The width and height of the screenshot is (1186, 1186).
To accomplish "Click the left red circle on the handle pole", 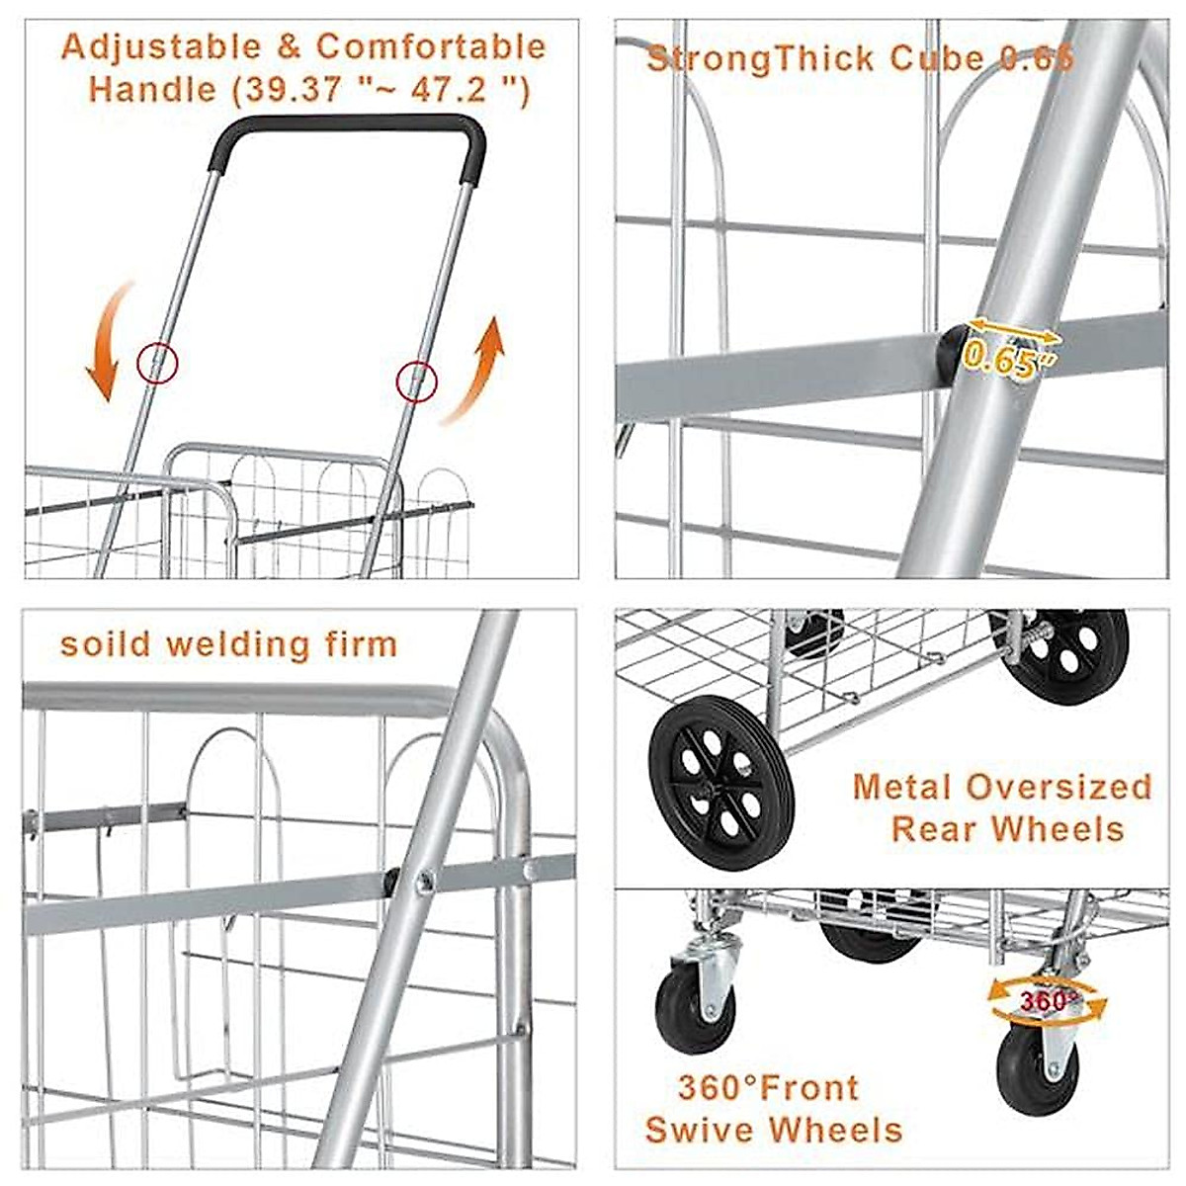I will (x=156, y=363).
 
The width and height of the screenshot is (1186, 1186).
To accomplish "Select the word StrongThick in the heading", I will (x=761, y=58).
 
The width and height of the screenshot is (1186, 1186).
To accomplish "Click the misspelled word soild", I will (x=105, y=644).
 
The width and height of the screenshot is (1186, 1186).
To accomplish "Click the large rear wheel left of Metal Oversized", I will (x=707, y=770).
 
